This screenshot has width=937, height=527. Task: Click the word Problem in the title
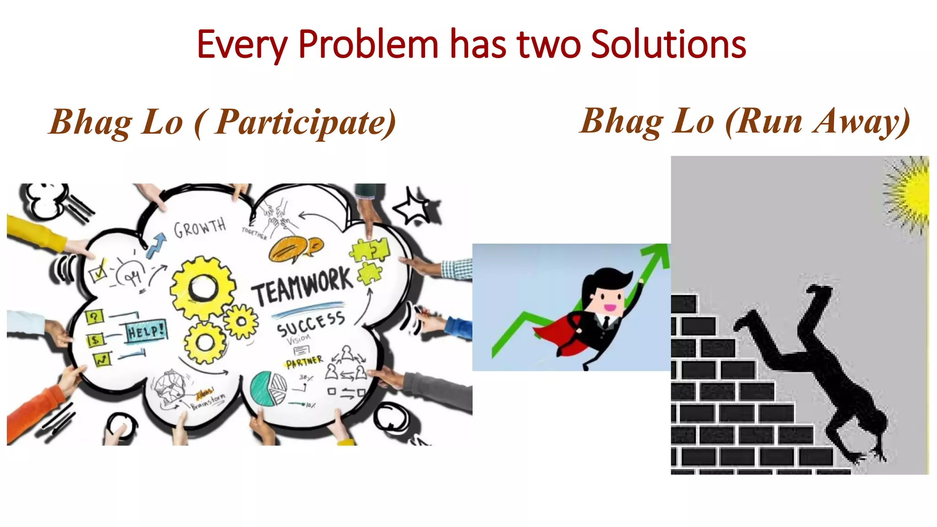point(368,44)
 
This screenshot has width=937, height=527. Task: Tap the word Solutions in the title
point(668,44)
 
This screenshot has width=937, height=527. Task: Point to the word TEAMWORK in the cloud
point(302,286)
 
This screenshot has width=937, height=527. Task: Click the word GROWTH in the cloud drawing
point(200,227)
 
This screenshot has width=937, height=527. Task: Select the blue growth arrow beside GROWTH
point(156,245)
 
